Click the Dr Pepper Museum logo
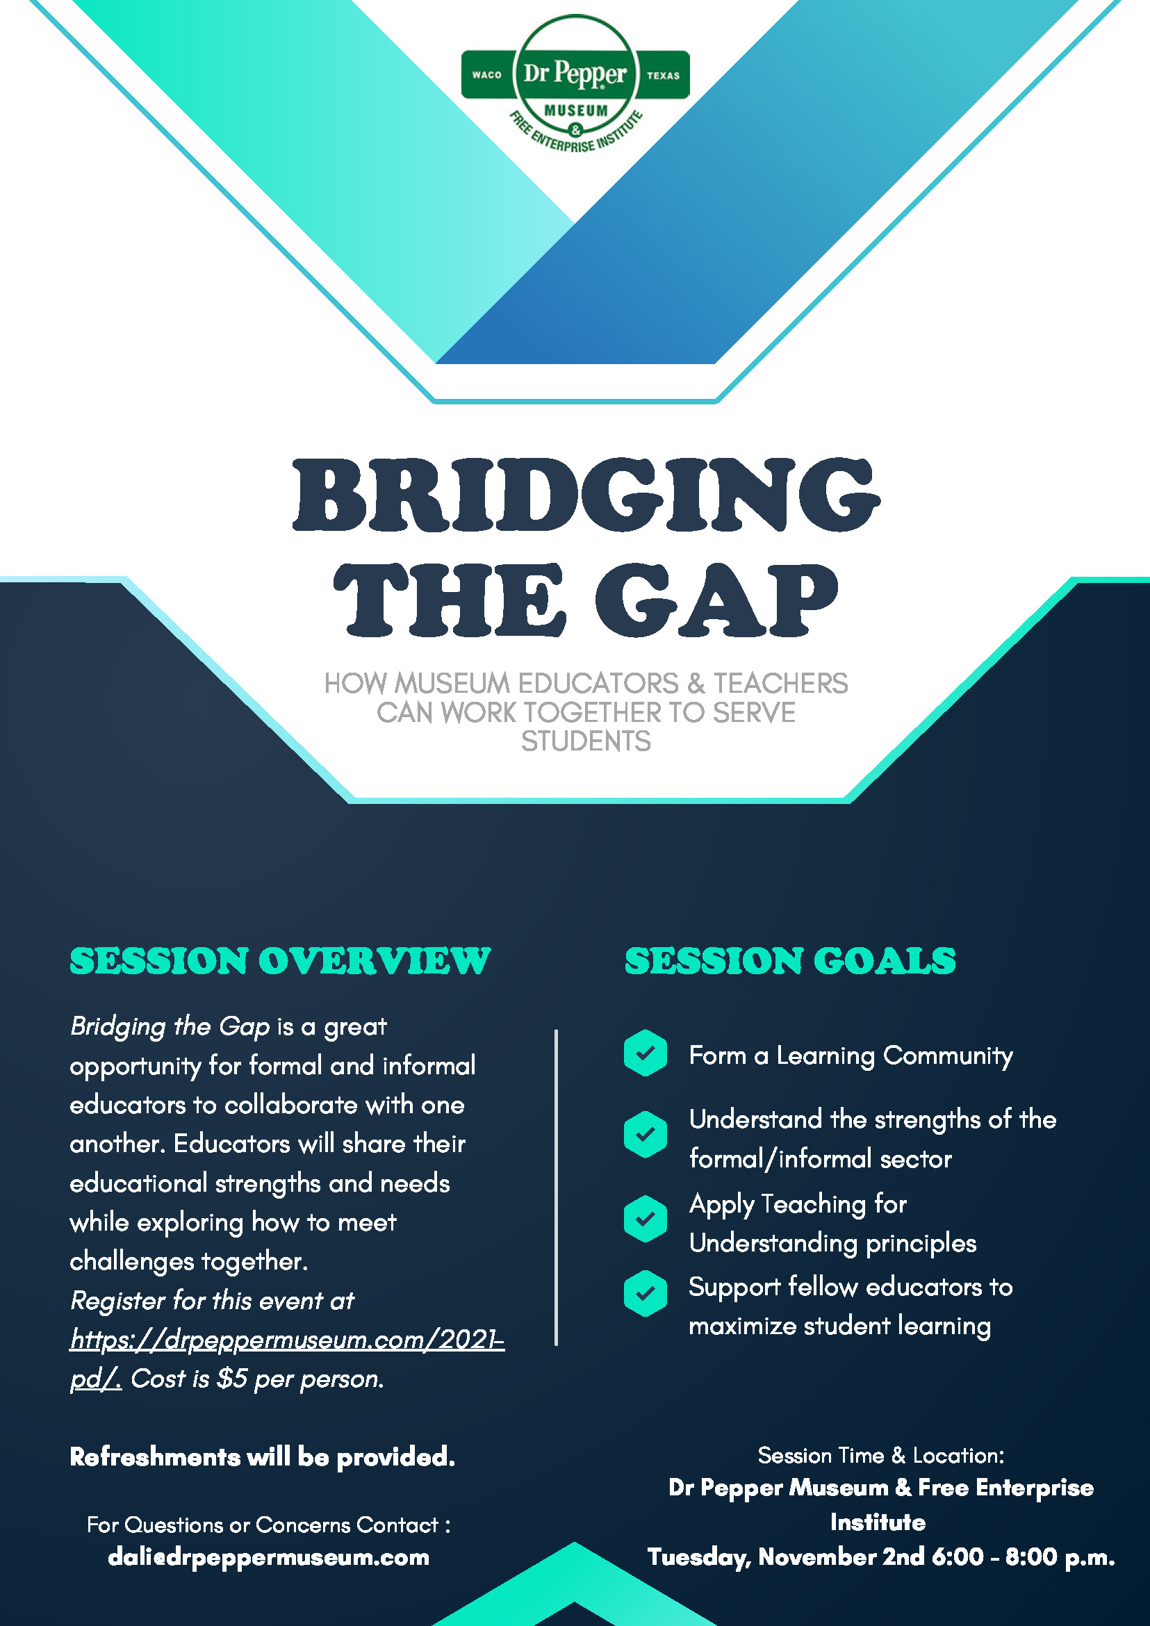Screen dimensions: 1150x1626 click(x=575, y=84)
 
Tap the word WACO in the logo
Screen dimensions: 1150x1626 click(x=486, y=75)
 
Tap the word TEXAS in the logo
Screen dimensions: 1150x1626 click(x=663, y=75)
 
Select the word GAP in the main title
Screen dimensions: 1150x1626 click(x=716, y=600)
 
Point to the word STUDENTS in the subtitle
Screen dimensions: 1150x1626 click(x=586, y=741)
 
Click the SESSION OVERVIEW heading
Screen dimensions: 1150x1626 click(x=280, y=961)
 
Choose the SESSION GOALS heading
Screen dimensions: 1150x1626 click(x=790, y=961)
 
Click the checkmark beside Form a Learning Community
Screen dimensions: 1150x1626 click(x=645, y=1053)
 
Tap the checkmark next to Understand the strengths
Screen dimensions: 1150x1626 click(x=645, y=1135)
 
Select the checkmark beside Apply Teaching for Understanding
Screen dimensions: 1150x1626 click(x=645, y=1219)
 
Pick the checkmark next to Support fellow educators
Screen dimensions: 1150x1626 click(x=645, y=1293)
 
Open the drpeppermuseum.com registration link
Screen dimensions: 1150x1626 click(x=287, y=1358)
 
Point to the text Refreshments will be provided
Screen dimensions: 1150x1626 click(x=262, y=1456)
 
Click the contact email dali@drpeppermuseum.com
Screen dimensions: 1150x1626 click(x=268, y=1557)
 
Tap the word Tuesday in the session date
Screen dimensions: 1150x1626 click(x=700, y=1557)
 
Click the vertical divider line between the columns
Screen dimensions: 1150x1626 click(x=557, y=1188)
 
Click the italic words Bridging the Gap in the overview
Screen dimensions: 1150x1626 click(x=170, y=1026)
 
